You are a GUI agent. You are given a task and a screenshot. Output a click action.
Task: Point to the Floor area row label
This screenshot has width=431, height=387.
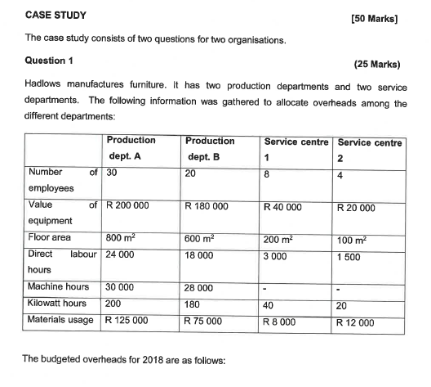(x=51, y=238)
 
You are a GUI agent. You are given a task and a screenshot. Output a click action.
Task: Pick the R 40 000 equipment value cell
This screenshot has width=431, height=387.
(x=282, y=207)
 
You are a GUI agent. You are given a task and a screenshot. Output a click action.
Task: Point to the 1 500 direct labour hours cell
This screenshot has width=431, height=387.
(x=352, y=257)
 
